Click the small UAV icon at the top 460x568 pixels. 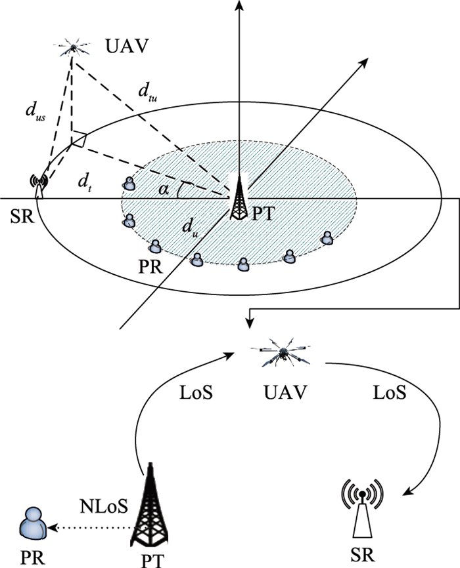pos(72,48)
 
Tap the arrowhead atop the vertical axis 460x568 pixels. pos(240,6)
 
